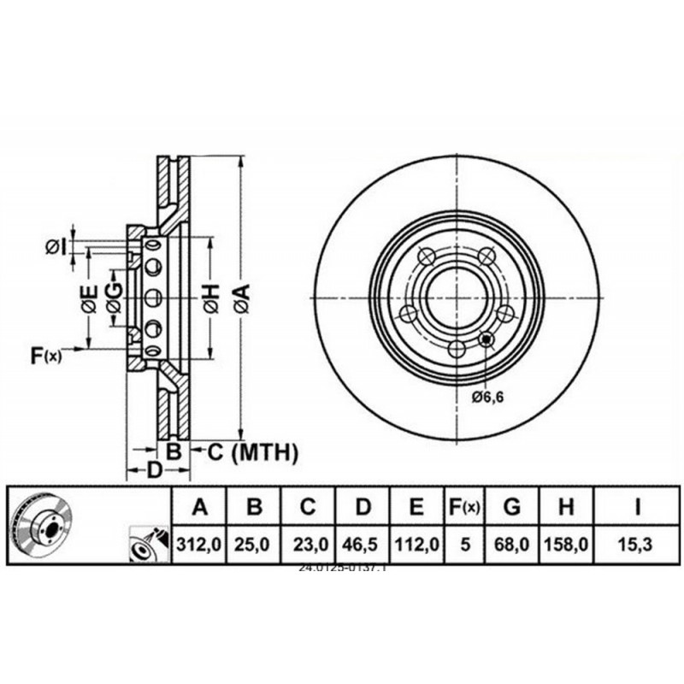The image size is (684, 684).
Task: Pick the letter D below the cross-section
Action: (x=155, y=469)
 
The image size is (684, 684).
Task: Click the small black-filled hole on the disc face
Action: (x=486, y=339)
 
